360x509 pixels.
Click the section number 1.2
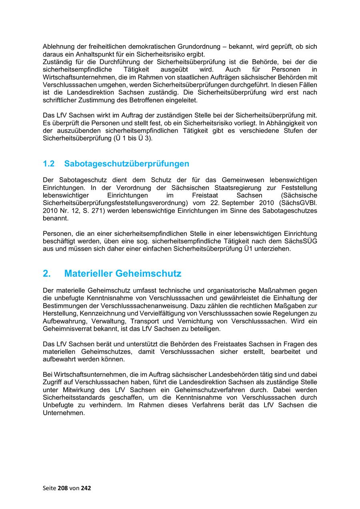(x=48, y=164)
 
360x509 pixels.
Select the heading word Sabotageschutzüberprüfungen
(x=126, y=164)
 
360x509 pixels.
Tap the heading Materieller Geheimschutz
(x=122, y=273)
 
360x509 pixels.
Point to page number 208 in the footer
(x=63, y=488)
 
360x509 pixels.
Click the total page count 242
(x=86, y=488)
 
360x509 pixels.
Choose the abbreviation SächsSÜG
(x=300, y=241)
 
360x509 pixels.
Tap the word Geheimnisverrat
(x=66, y=329)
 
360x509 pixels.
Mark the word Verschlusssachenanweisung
(x=132, y=306)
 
